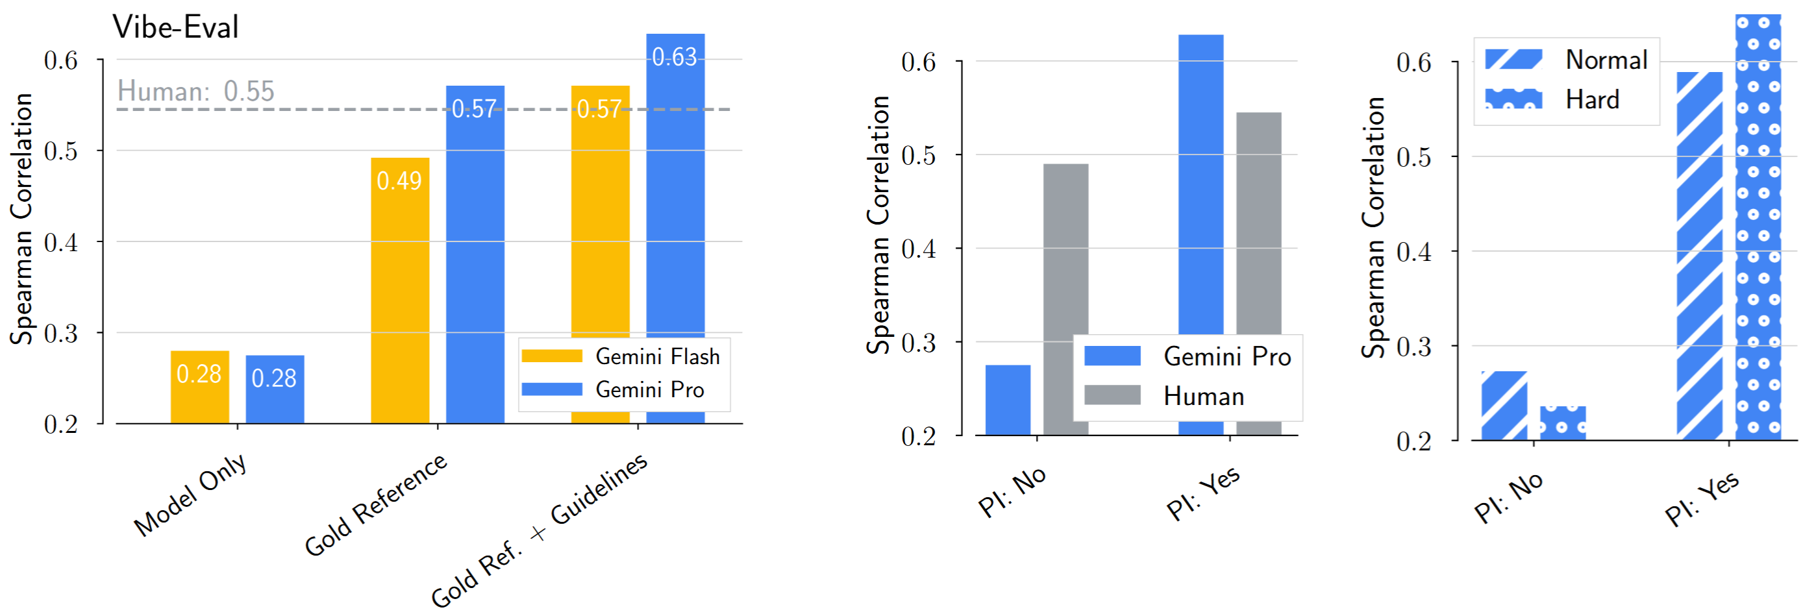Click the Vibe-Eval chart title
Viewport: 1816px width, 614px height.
click(175, 27)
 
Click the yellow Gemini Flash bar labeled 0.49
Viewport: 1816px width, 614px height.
click(400, 289)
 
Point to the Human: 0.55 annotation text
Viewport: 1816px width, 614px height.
click(195, 91)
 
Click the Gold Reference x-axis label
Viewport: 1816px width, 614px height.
click(375, 504)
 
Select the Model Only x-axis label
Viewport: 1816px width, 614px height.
click(190, 494)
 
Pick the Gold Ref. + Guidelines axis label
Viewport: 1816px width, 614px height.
click(539, 530)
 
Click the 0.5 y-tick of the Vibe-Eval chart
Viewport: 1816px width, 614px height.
click(60, 151)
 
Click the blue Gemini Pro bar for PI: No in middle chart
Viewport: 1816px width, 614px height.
click(1008, 399)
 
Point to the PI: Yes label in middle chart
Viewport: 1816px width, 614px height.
click(1202, 493)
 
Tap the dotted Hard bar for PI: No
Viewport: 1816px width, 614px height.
click(1562, 423)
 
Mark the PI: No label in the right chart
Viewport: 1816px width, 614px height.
click(1508, 497)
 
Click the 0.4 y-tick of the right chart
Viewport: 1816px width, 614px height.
click(1414, 252)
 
